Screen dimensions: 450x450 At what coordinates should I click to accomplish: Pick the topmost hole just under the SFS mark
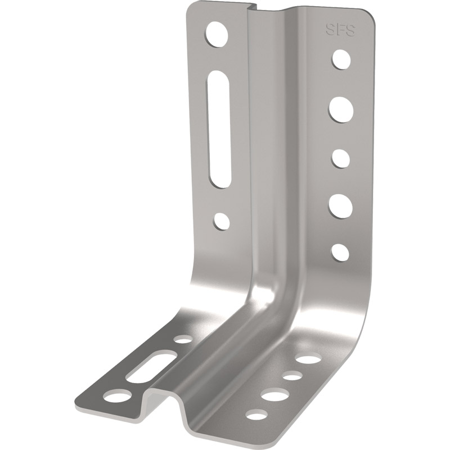click(341, 58)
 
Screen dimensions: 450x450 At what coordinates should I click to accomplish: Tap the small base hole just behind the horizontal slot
click(183, 340)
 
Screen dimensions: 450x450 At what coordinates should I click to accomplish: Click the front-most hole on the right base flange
click(256, 416)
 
